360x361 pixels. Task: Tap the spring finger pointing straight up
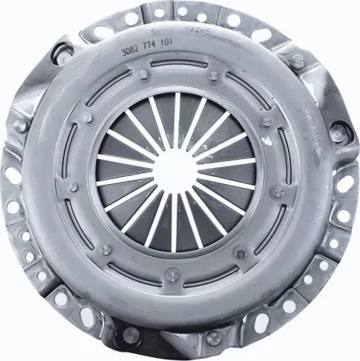[176, 120]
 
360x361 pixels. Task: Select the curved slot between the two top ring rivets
[178, 67]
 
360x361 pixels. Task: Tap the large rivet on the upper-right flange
[297, 61]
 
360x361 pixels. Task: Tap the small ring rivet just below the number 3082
[143, 74]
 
